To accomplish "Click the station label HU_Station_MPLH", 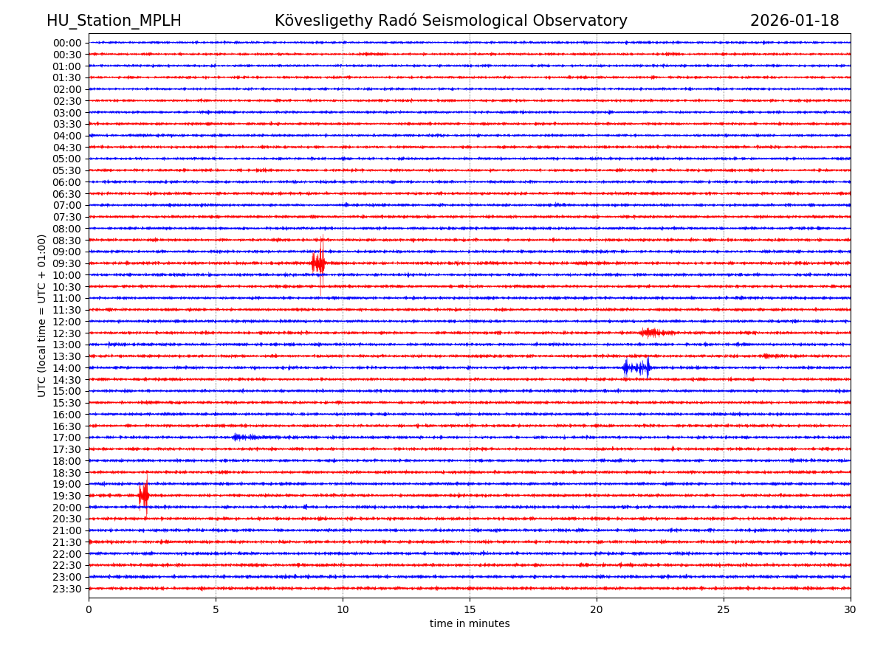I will (x=114, y=21).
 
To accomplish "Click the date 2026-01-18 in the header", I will (x=794, y=21).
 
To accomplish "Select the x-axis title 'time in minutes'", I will (x=470, y=624).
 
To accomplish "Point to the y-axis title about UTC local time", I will (x=42, y=316).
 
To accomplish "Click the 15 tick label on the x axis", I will (x=470, y=610).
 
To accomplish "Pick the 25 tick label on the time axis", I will (x=724, y=610).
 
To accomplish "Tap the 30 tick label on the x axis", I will (x=851, y=610).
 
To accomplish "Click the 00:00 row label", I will (x=67, y=43).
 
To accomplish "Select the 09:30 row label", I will (x=67, y=263).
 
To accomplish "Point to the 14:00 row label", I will (x=67, y=368).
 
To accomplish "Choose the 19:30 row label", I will (x=67, y=496).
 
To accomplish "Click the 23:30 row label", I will (x=67, y=589).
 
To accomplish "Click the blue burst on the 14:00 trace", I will (x=636, y=367).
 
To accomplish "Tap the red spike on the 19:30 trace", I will (x=144, y=496).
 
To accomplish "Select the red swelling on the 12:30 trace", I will (x=652, y=333).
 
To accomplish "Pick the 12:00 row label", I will (x=67, y=322).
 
